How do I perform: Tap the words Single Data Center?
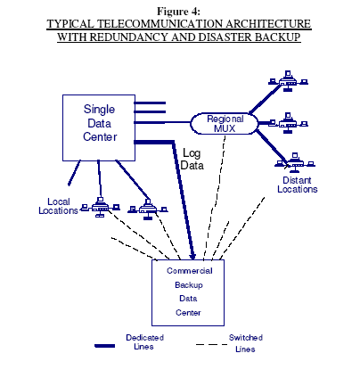tap(100, 123)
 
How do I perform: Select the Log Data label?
tap(192, 160)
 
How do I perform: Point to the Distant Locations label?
tap(297, 185)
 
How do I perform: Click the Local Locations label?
tap(58, 206)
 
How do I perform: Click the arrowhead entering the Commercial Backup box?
tap(192, 255)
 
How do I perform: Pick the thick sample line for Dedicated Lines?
tap(104, 346)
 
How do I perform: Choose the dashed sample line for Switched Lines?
tap(211, 345)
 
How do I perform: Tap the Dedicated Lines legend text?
tap(144, 342)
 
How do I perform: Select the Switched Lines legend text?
tap(246, 343)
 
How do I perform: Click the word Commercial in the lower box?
tap(190, 271)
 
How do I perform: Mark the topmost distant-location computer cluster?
tap(288, 81)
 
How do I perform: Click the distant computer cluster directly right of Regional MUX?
tap(289, 123)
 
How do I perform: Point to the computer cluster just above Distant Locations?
tap(295, 163)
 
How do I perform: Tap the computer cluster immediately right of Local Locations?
tap(100, 207)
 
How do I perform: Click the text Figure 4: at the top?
tap(178, 12)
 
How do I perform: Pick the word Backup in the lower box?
tap(189, 285)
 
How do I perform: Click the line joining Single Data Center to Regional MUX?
tap(162, 122)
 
